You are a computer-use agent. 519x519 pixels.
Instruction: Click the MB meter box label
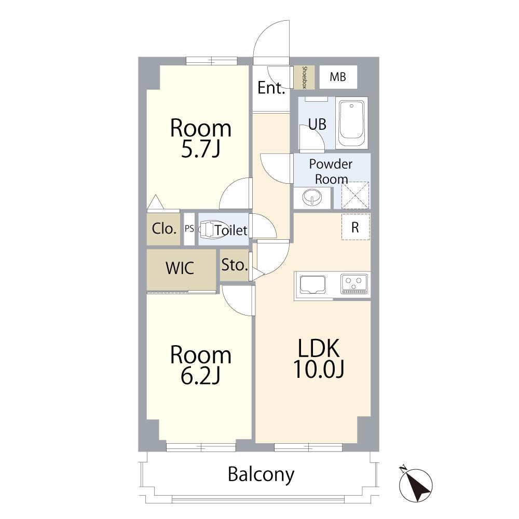coord(338,77)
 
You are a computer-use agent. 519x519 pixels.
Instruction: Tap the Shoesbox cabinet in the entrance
coord(304,77)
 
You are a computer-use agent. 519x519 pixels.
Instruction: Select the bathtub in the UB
coord(351,123)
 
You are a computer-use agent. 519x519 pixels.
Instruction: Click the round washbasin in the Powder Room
coord(312,197)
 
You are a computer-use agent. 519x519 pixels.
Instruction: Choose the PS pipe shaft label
coord(189,228)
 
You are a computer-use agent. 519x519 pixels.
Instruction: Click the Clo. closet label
coord(163,228)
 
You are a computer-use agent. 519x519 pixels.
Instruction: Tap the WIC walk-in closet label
coord(180,268)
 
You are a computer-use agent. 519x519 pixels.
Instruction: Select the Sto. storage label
coord(235,265)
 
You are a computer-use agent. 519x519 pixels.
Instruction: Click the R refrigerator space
coord(356,227)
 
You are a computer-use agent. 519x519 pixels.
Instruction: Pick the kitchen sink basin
coord(312,284)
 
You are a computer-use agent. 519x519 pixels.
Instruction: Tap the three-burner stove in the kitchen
coord(354,284)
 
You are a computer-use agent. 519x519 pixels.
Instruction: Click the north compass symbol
coord(415,484)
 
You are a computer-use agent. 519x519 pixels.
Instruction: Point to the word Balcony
coord(261,475)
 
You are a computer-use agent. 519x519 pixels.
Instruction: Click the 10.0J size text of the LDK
coord(319,368)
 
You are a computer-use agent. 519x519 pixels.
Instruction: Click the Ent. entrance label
coord(271,88)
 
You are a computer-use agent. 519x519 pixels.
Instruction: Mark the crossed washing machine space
coord(355,195)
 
